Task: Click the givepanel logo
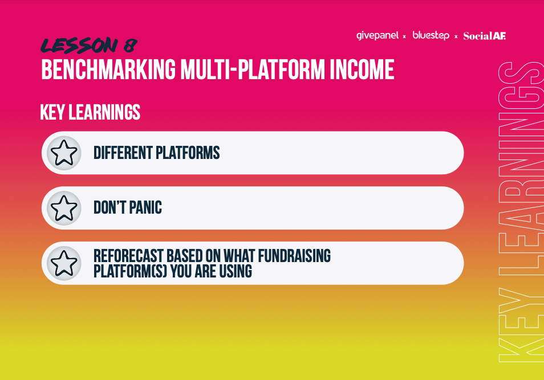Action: coord(377,36)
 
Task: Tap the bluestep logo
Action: coord(431,35)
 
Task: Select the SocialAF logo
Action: coord(485,36)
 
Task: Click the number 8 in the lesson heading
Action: coord(130,46)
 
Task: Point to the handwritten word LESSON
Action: coord(79,46)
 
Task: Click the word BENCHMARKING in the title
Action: coord(108,70)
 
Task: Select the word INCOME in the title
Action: coord(362,70)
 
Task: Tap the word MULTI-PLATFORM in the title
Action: coord(253,70)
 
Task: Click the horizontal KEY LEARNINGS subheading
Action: coord(90,112)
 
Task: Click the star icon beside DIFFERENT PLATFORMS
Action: coord(64,153)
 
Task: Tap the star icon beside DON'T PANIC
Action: coord(64,208)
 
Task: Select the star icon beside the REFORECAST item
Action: coord(64,263)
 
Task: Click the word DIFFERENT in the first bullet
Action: coord(123,153)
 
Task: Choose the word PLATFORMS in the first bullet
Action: coord(188,153)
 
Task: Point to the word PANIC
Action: coord(145,208)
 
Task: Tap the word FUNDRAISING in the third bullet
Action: coord(294,256)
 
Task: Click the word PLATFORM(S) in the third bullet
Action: coord(131,271)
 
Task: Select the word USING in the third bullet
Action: coord(236,271)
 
